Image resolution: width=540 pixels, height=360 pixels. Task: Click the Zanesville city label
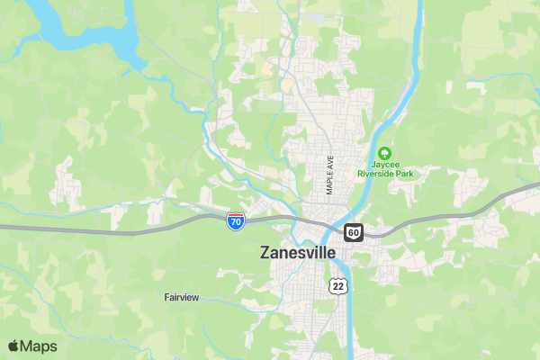click(x=297, y=253)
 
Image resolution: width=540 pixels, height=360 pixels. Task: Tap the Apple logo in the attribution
click(x=13, y=346)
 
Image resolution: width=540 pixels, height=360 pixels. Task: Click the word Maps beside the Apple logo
click(x=39, y=346)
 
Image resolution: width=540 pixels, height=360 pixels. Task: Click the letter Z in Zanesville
click(x=265, y=253)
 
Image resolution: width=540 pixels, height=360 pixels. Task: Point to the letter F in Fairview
click(x=166, y=297)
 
